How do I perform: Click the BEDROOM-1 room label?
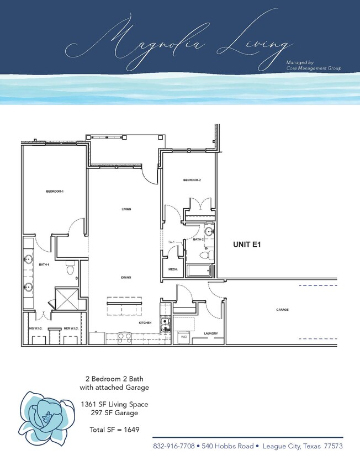pos(55,192)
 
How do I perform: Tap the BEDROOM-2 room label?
pos(192,181)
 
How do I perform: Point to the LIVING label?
pos(126,209)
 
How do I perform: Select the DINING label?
pos(125,278)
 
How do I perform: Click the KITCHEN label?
pos(145,322)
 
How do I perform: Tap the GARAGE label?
pos(282,310)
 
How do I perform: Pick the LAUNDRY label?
pos(210,333)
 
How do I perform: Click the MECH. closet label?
pos(172,269)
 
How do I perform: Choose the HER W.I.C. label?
pos(70,328)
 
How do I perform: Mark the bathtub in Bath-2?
pos(199,271)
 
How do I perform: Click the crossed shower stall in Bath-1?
pos(67,299)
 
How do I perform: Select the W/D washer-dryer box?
pos(183,336)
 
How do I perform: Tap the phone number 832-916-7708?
pos(173,446)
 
